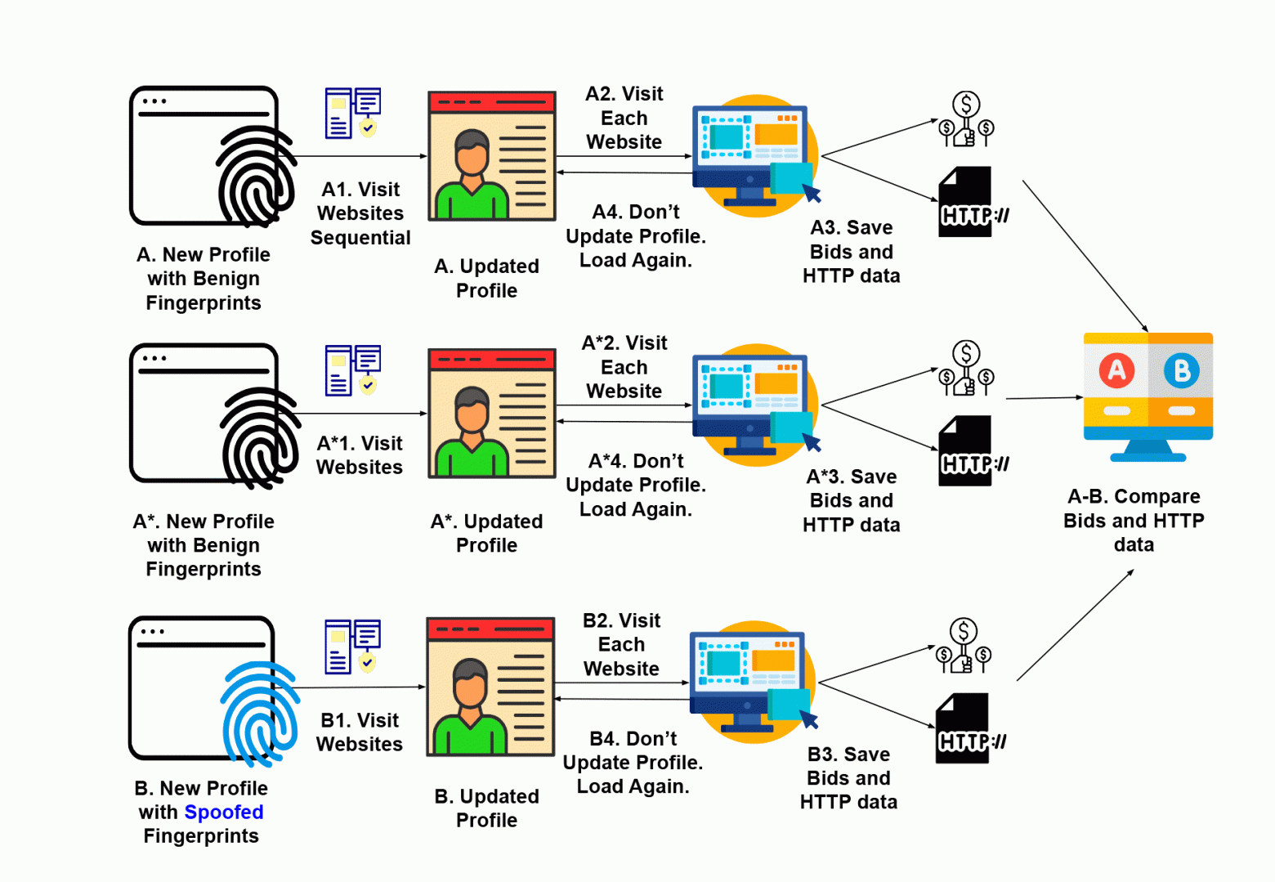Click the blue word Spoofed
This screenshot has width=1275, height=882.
click(223, 813)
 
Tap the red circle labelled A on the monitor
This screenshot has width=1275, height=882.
click(1116, 370)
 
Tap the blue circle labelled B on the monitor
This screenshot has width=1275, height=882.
click(1181, 370)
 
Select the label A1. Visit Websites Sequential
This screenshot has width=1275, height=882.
click(360, 213)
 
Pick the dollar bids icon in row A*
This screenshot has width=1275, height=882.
click(966, 369)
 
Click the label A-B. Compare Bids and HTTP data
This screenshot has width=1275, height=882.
click(1134, 521)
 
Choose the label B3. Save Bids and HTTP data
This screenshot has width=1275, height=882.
click(848, 778)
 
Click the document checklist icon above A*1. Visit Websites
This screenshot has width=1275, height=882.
click(353, 370)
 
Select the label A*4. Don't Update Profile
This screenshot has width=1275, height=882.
click(636, 486)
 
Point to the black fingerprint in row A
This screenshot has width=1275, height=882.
click(257, 176)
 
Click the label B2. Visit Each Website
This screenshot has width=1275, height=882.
click(621, 645)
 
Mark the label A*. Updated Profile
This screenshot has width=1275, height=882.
click(486, 533)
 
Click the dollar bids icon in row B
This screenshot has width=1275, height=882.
click(964, 646)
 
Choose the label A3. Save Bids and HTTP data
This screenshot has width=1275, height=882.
click(851, 252)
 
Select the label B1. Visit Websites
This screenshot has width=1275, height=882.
click(360, 732)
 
